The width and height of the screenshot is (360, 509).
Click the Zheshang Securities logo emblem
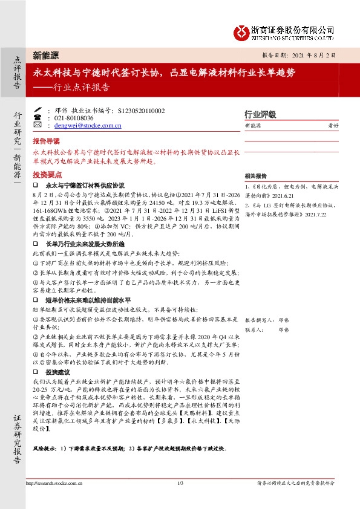pos(241,30)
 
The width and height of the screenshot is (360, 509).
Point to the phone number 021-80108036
pos(74,118)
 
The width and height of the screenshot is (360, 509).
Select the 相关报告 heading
pos(253,175)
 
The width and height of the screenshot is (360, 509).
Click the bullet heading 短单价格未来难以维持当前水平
pos(88,300)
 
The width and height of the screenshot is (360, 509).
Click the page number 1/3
pos(180,483)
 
